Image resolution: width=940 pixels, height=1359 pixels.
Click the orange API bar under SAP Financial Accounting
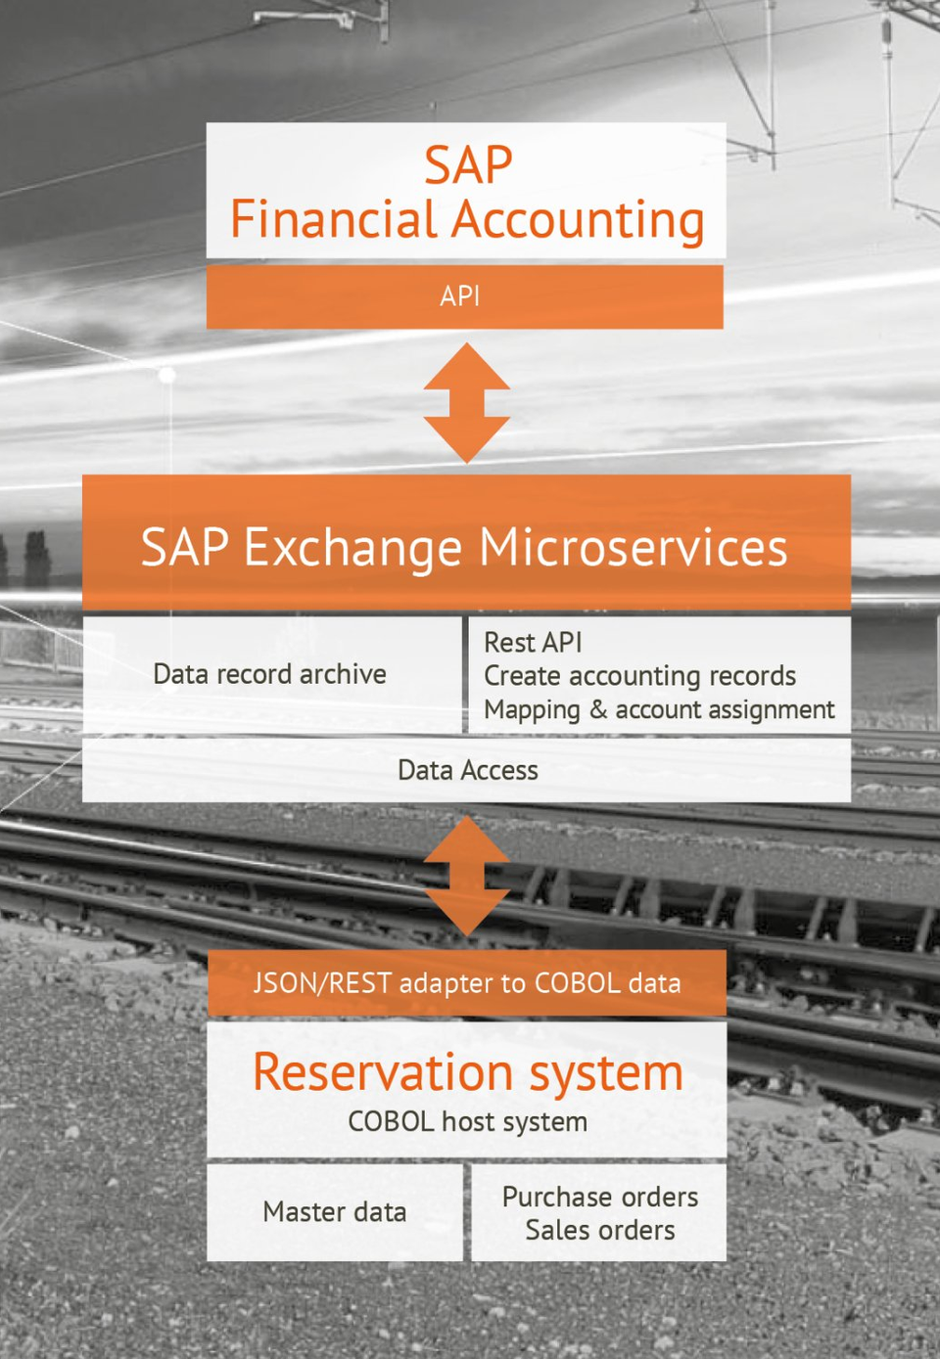[464, 296]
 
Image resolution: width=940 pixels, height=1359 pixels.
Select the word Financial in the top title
[334, 218]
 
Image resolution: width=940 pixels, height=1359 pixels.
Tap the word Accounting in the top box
[578, 222]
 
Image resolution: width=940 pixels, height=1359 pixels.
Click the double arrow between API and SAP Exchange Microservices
[466, 402]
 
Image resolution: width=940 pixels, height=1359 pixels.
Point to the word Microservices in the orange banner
[634, 547]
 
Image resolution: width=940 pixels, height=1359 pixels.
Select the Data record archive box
[272, 675]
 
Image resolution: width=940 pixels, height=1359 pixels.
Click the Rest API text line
[533, 643]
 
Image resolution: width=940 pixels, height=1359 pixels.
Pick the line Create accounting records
[639, 676]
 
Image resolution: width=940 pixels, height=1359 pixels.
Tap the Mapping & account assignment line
[659, 710]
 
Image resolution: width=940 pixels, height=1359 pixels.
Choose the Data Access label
[468, 771]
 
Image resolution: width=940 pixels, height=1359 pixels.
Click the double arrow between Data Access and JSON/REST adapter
[466, 876]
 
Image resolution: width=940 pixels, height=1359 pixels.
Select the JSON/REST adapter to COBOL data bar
[466, 983]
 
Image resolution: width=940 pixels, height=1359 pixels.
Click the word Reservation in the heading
[383, 1072]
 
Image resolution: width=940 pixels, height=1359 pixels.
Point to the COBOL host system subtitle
[468, 1122]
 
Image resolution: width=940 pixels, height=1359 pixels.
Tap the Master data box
[335, 1212]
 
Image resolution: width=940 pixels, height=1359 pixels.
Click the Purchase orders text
[600, 1197]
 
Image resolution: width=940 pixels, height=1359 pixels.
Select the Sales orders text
[600, 1231]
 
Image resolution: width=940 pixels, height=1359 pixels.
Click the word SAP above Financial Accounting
[468, 164]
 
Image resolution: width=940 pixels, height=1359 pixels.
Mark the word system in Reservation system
[607, 1075]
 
